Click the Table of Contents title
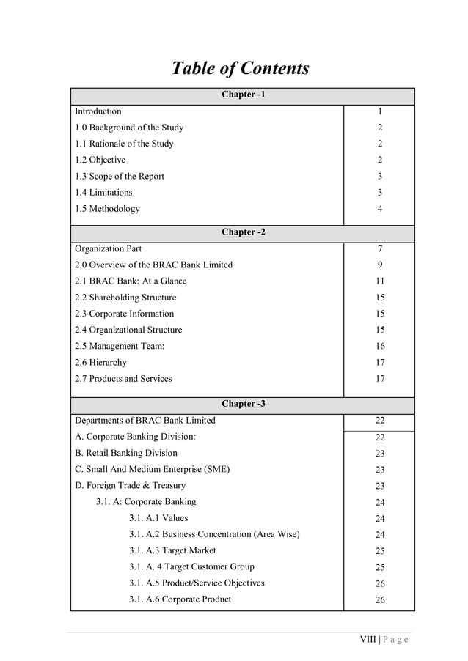point(240,69)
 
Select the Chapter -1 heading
point(243,95)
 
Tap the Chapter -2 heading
point(243,232)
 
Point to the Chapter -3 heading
point(243,404)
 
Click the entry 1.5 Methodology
point(107,209)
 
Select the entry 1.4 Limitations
point(103,193)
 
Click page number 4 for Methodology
point(380,210)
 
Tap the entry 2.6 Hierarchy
point(100,363)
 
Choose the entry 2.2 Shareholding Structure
point(125,298)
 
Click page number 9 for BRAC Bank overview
point(380,265)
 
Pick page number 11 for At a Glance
point(380,281)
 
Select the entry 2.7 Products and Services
point(123,379)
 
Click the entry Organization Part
point(109,248)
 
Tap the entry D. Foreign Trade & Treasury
point(130,485)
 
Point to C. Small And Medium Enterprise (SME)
point(152,469)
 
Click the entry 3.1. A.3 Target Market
point(172,550)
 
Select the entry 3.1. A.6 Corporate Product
point(180,599)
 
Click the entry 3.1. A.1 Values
point(158,518)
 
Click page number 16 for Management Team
point(380,347)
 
